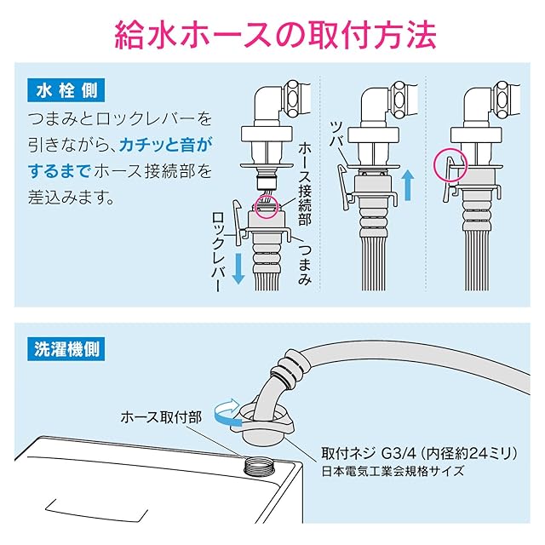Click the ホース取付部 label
(160, 418)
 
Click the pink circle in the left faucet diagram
(267, 208)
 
